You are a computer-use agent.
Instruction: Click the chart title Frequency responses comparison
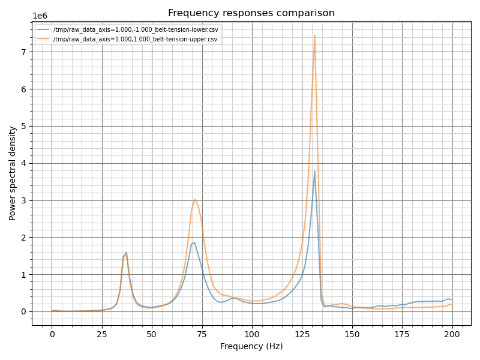coord(251,13)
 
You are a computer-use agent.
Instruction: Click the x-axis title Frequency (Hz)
coord(251,346)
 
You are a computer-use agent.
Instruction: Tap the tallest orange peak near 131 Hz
coord(314,35)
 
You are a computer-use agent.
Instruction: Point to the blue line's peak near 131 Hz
coord(314,171)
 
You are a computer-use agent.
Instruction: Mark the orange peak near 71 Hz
coord(194,199)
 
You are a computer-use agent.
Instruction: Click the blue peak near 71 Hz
coord(194,242)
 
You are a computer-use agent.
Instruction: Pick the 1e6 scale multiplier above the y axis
coord(40,16)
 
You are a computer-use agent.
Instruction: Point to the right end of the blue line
coord(452,299)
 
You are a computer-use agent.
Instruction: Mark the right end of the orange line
coord(452,304)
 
